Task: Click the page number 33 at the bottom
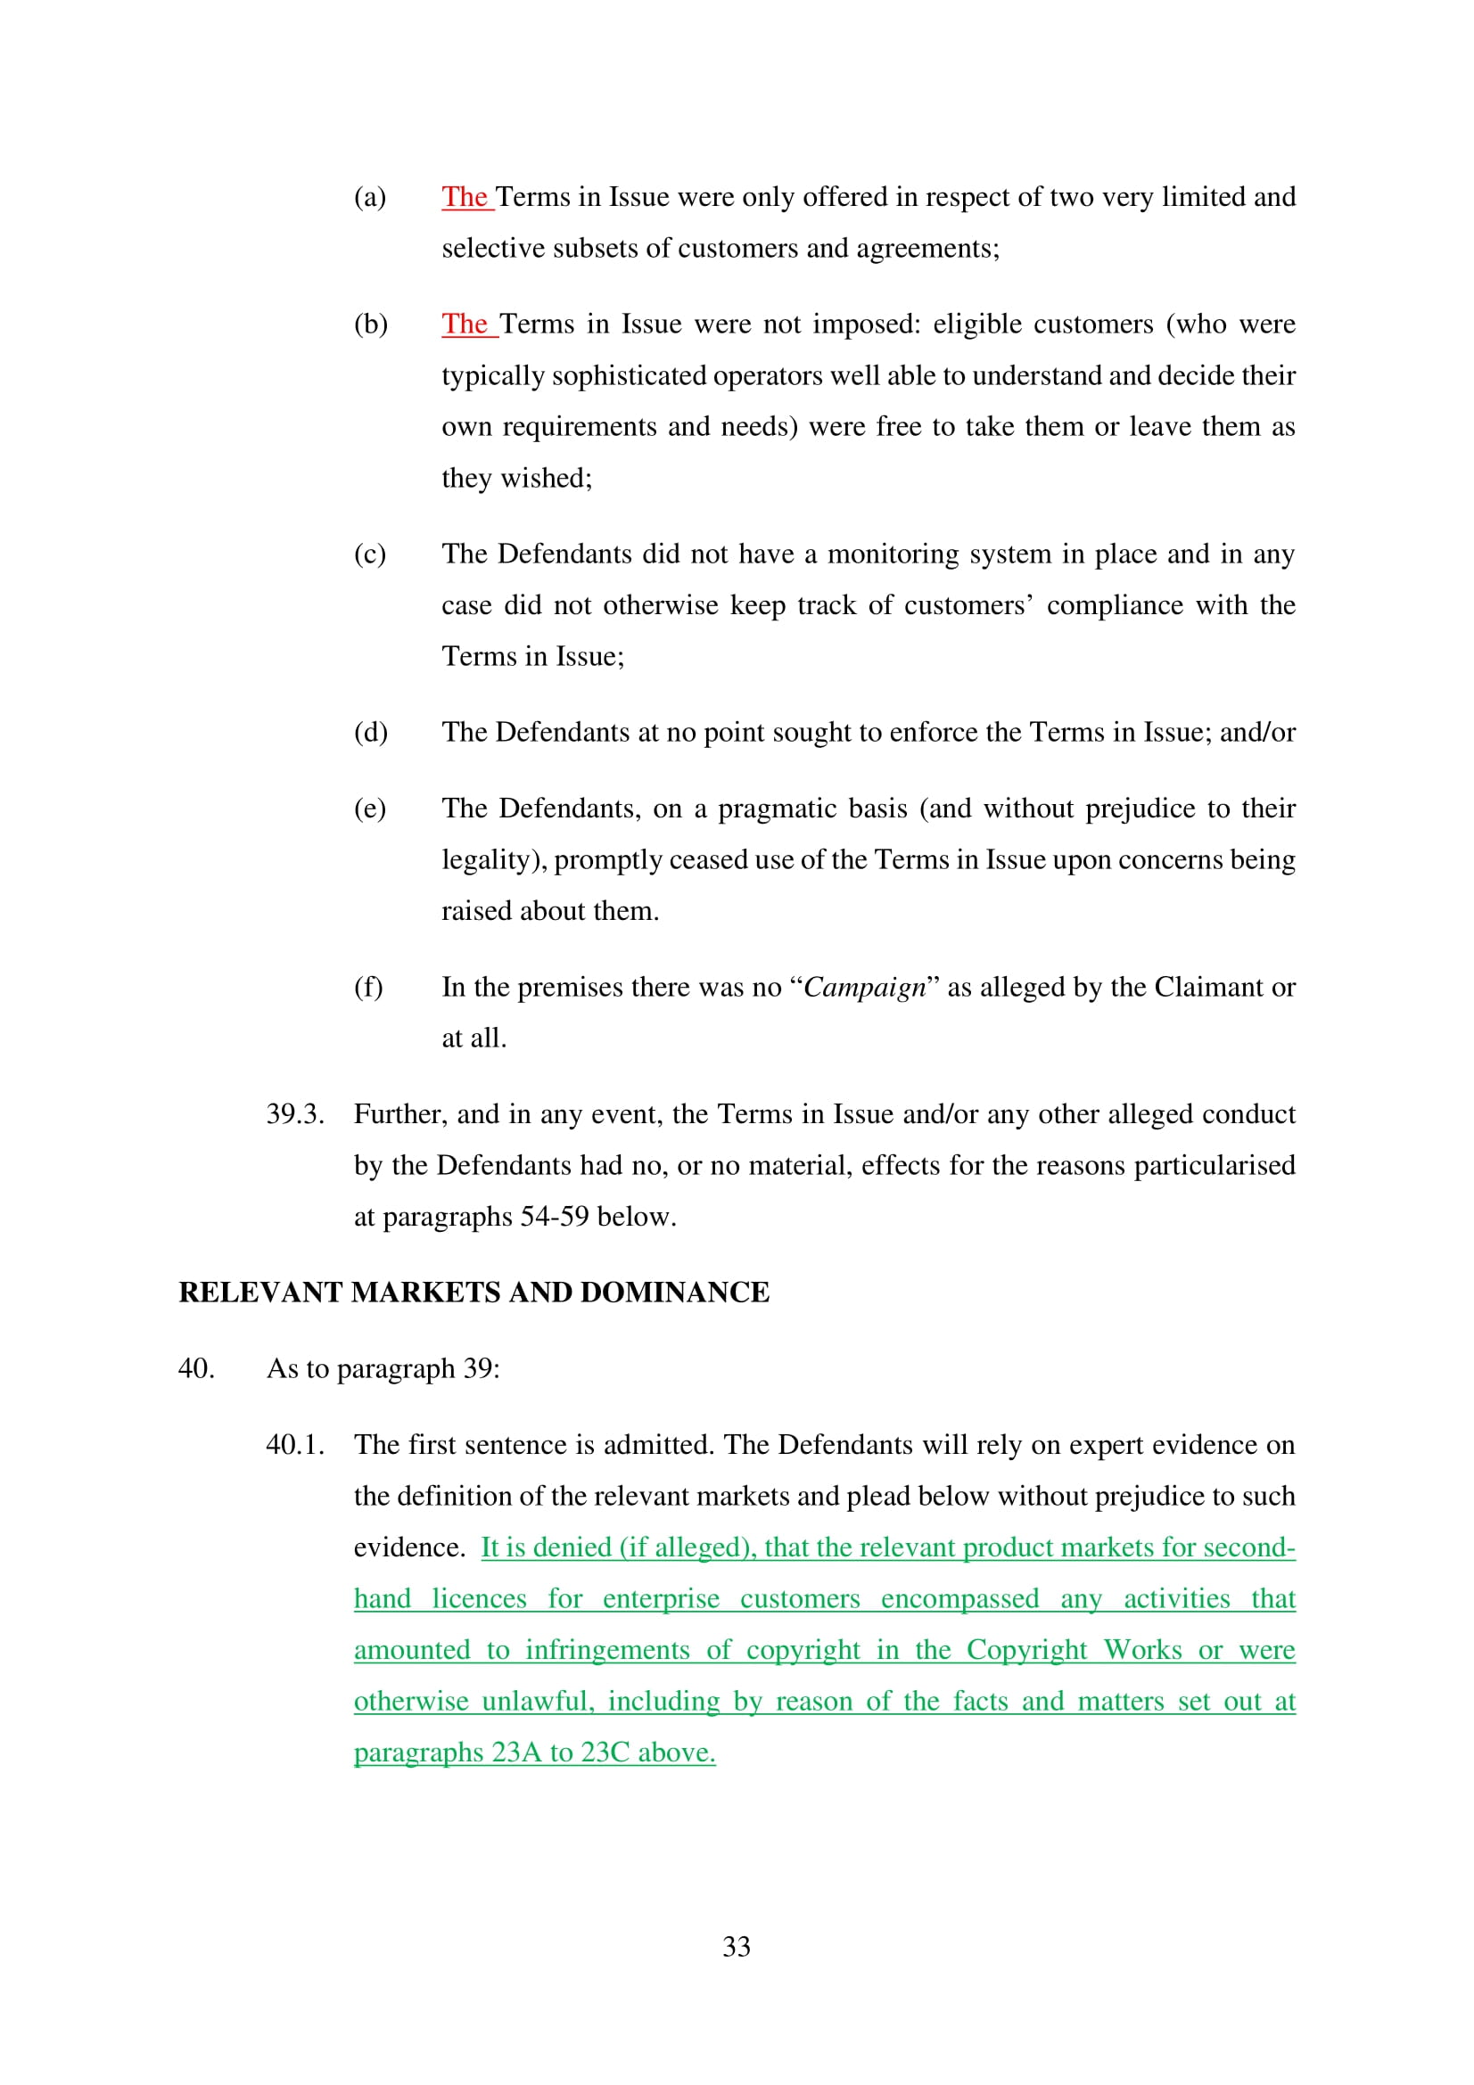click(736, 1945)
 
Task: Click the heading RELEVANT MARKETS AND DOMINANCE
click(473, 1293)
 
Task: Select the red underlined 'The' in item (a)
click(465, 197)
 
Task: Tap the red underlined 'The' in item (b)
click(467, 324)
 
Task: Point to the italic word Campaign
click(864, 987)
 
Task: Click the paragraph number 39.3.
click(295, 1114)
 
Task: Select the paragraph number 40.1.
click(295, 1445)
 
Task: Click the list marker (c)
click(370, 554)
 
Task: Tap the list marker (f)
click(367, 987)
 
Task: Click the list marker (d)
click(371, 732)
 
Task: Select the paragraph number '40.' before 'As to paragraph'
click(196, 1368)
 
